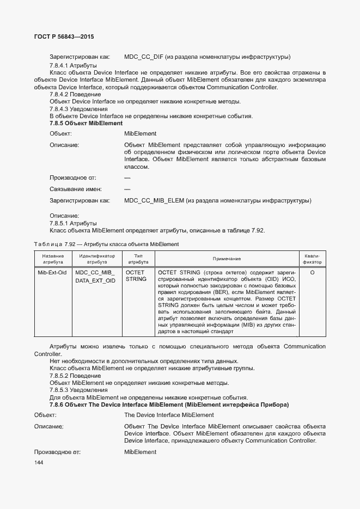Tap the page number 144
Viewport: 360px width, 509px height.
coord(39,462)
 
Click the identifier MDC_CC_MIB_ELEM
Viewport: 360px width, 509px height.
coord(154,201)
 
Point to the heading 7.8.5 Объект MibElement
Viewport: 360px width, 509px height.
coord(86,124)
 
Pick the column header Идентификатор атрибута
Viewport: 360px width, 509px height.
coord(97,259)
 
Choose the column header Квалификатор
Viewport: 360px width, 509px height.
coord(312,259)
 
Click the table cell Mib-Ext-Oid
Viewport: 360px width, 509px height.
coord(52,272)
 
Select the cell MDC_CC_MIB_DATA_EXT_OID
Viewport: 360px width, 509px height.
coord(95,276)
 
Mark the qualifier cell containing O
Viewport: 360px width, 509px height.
coord(312,272)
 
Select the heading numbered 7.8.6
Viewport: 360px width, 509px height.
coord(169,405)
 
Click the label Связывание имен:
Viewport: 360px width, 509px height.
coord(72,189)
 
